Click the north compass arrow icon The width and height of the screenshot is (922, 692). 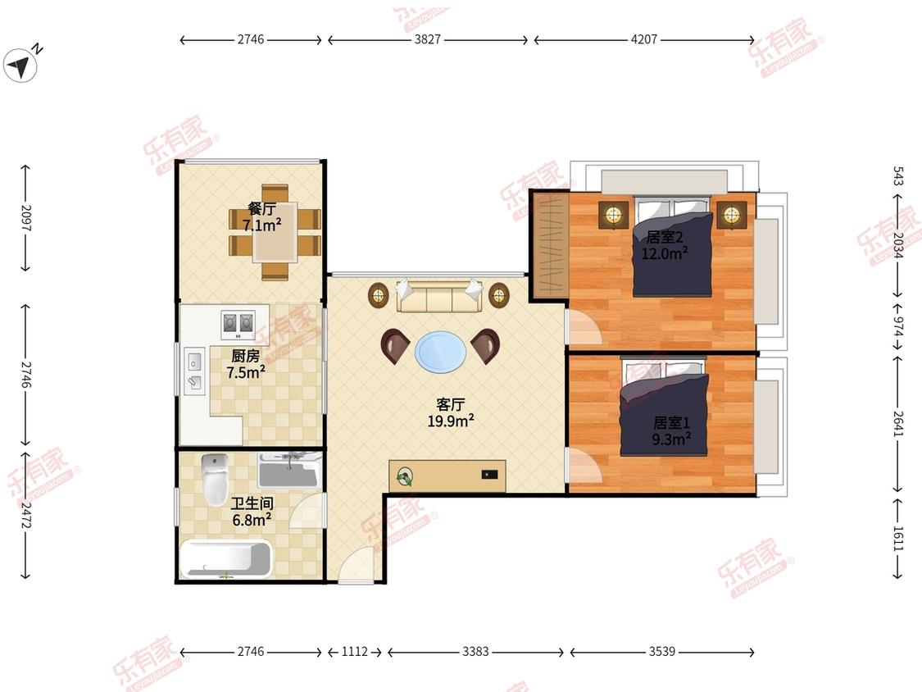tap(20, 66)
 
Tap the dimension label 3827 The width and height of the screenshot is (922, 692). tap(428, 39)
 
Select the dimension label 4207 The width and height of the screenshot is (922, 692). tap(644, 39)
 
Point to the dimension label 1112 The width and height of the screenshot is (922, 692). tap(355, 651)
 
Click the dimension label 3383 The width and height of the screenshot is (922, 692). tap(475, 651)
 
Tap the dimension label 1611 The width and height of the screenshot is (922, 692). tap(898, 538)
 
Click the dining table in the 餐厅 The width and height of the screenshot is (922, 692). tap(275, 232)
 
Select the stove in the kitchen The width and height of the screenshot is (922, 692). tap(238, 324)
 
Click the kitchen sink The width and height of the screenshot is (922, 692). tap(194, 370)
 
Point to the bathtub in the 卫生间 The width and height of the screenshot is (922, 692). tap(226, 559)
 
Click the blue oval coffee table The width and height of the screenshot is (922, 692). tap(440, 351)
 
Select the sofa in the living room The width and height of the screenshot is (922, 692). tap(439, 295)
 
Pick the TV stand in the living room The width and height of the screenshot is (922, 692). tap(447, 476)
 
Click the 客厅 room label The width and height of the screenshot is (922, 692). tap(451, 404)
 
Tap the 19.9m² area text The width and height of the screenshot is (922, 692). tap(451, 421)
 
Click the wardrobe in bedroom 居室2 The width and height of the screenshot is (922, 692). tap(550, 245)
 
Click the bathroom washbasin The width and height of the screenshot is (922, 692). tap(288, 470)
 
